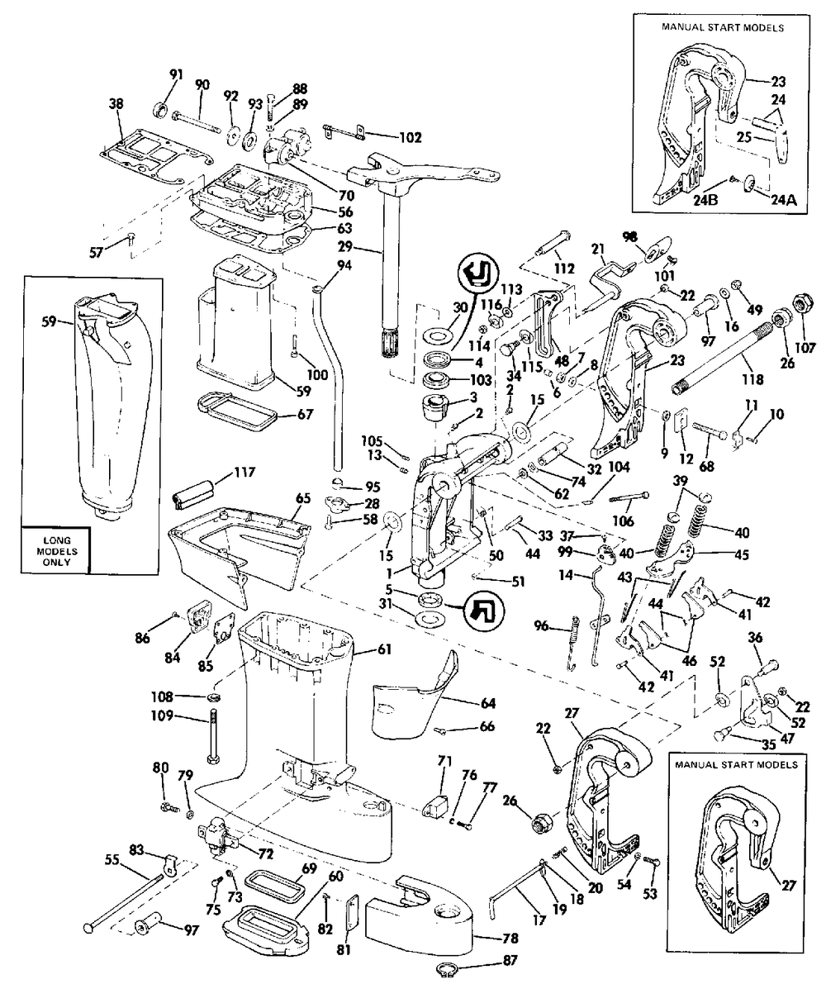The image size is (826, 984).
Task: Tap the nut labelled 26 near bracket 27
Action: [539, 823]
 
